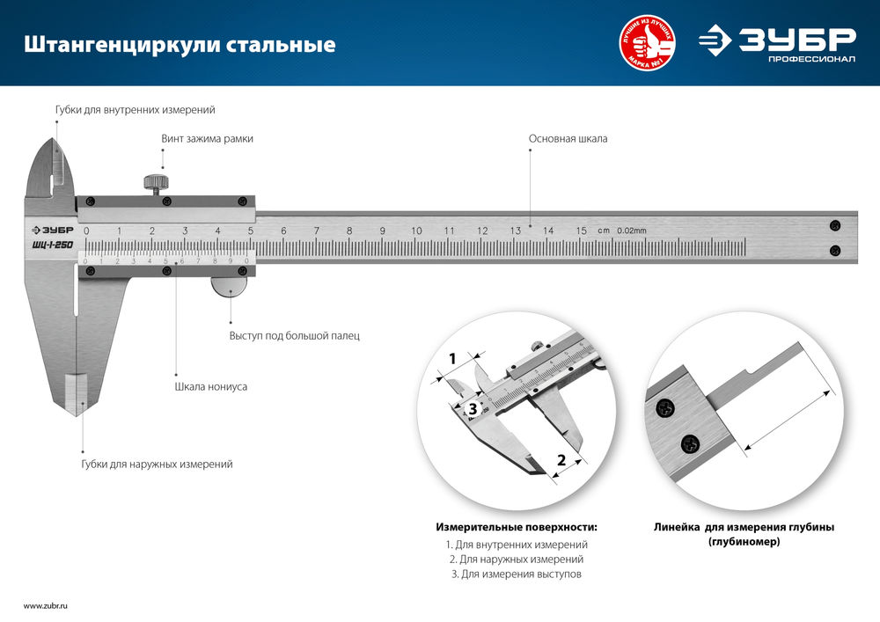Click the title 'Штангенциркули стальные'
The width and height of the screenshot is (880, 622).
tap(179, 44)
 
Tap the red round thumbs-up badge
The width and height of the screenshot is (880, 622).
tap(649, 43)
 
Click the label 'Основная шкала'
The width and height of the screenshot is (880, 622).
tap(568, 139)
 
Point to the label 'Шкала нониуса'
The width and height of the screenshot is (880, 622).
tap(209, 386)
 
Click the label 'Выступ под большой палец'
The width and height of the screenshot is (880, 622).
tap(294, 336)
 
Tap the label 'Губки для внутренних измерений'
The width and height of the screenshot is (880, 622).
tap(135, 110)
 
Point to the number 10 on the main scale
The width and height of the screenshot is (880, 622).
tap(416, 231)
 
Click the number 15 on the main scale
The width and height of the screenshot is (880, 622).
tap(581, 231)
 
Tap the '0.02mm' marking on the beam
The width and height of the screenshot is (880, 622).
tap(631, 231)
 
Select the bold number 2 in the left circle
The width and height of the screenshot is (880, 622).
tap(561, 458)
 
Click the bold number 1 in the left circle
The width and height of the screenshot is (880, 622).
tap(452, 359)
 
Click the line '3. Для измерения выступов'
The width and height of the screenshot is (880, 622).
tap(516, 574)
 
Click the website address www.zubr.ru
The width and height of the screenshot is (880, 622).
tap(45, 606)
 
